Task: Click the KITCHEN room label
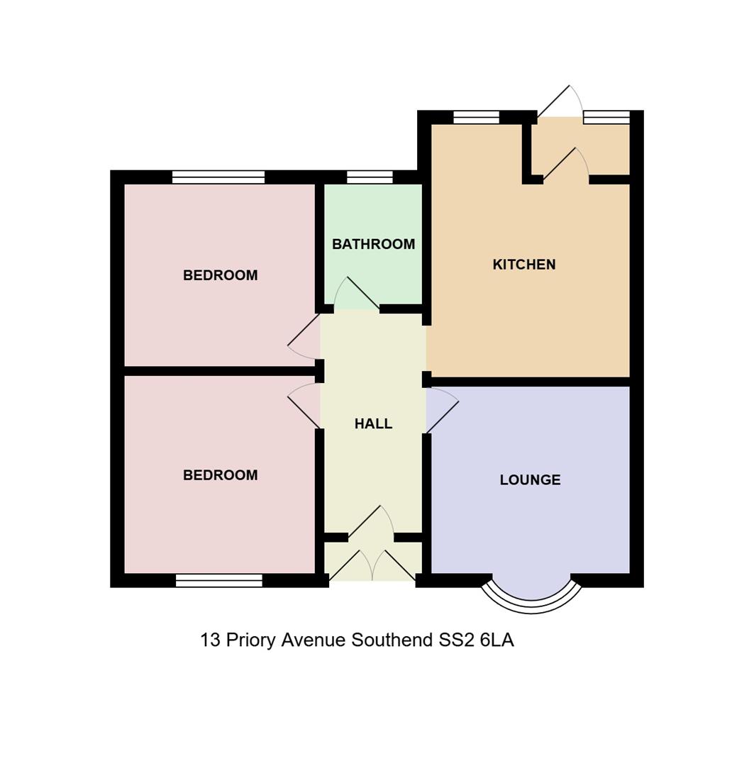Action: pyautogui.click(x=524, y=265)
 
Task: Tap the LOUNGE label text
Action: pyautogui.click(x=530, y=479)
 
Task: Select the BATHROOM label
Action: pyautogui.click(x=373, y=244)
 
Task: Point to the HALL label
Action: pyautogui.click(x=373, y=423)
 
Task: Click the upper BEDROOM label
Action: pyautogui.click(x=221, y=275)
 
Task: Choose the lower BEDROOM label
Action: pyautogui.click(x=221, y=474)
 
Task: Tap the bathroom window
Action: pyautogui.click(x=370, y=177)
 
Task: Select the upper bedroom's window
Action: pyautogui.click(x=218, y=177)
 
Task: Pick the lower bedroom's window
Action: pyautogui.click(x=219, y=580)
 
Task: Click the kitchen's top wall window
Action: pyautogui.click(x=477, y=117)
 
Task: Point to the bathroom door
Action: pyautogui.click(x=357, y=294)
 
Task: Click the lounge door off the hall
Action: pyautogui.click(x=442, y=410)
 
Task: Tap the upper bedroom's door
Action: pyautogui.click(x=304, y=337)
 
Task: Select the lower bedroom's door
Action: pyautogui.click(x=304, y=406)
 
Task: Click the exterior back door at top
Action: pyautogui.click(x=560, y=101)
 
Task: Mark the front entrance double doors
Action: pyautogui.click(x=373, y=565)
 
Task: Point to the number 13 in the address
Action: pyautogui.click(x=211, y=640)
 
